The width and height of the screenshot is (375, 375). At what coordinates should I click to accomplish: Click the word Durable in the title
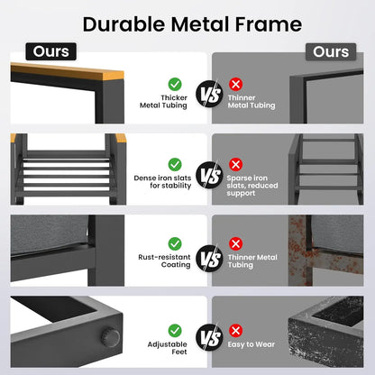pyautogui.click(x=123, y=24)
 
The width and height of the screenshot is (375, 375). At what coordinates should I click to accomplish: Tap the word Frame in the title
pyautogui.click(x=269, y=24)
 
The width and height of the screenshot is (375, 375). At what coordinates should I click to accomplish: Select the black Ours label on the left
pyautogui.click(x=50, y=51)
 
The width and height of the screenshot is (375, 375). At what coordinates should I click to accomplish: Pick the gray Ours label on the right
pyautogui.click(x=331, y=51)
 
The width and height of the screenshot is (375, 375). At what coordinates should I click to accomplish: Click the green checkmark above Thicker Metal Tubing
pyautogui.click(x=175, y=85)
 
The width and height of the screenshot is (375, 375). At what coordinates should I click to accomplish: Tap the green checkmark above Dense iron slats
pyautogui.click(x=175, y=165)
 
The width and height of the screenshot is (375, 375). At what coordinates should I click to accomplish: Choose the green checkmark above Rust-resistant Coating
pyautogui.click(x=175, y=243)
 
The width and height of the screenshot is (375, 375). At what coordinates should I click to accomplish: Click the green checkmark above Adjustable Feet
pyautogui.click(x=175, y=331)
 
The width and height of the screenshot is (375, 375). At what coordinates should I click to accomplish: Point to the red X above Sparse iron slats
pyautogui.click(x=236, y=164)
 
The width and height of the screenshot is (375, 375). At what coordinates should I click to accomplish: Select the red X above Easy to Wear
pyautogui.click(x=236, y=331)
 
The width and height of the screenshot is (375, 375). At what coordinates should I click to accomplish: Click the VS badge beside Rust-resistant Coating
pyautogui.click(x=209, y=258)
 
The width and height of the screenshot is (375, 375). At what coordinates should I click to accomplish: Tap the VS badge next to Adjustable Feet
pyautogui.click(x=209, y=337)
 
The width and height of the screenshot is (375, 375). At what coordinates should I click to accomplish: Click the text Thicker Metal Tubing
pyautogui.click(x=163, y=102)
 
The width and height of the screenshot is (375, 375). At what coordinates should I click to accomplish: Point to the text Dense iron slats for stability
pyautogui.click(x=162, y=182)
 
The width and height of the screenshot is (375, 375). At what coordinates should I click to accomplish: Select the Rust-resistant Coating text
pyautogui.click(x=164, y=261)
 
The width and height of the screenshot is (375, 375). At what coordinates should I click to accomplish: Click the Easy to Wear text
pyautogui.click(x=252, y=344)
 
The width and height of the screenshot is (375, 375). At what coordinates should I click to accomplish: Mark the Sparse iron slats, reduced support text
pyautogui.click(x=252, y=186)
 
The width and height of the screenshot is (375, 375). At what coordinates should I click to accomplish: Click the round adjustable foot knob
pyautogui.click(x=110, y=337)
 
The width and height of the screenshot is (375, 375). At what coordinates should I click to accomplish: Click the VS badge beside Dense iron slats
pyautogui.click(x=209, y=175)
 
